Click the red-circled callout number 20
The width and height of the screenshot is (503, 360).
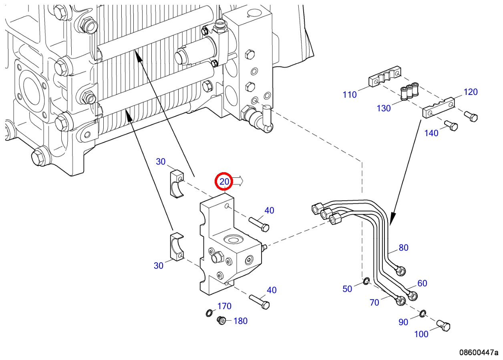click(224, 181)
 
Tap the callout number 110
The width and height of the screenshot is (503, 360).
click(350, 95)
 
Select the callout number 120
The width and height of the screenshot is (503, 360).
click(471, 92)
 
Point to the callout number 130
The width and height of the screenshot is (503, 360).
click(384, 108)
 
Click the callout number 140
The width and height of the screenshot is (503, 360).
click(431, 133)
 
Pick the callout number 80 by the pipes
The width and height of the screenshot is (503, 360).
click(404, 247)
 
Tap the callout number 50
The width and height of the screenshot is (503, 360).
click(347, 289)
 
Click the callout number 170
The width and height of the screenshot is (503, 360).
click(224, 306)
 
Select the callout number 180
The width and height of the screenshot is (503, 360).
click(241, 321)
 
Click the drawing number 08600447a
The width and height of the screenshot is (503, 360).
click(479, 352)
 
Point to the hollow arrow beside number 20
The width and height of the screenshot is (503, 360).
click(238, 181)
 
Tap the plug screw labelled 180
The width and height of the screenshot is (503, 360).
click(222, 320)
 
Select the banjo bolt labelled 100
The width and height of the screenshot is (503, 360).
click(443, 326)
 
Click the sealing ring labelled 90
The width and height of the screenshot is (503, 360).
click(423, 314)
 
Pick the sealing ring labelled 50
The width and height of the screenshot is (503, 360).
click(366, 281)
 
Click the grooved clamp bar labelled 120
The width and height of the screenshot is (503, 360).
click(439, 108)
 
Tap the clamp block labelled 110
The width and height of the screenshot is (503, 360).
click(385, 76)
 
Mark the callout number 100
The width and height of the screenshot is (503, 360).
click(421, 334)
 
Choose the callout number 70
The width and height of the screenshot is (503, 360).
click(374, 302)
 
